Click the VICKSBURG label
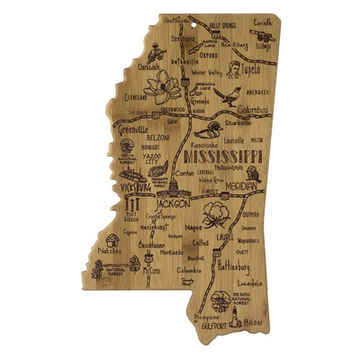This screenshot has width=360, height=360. (x=130, y=187)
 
